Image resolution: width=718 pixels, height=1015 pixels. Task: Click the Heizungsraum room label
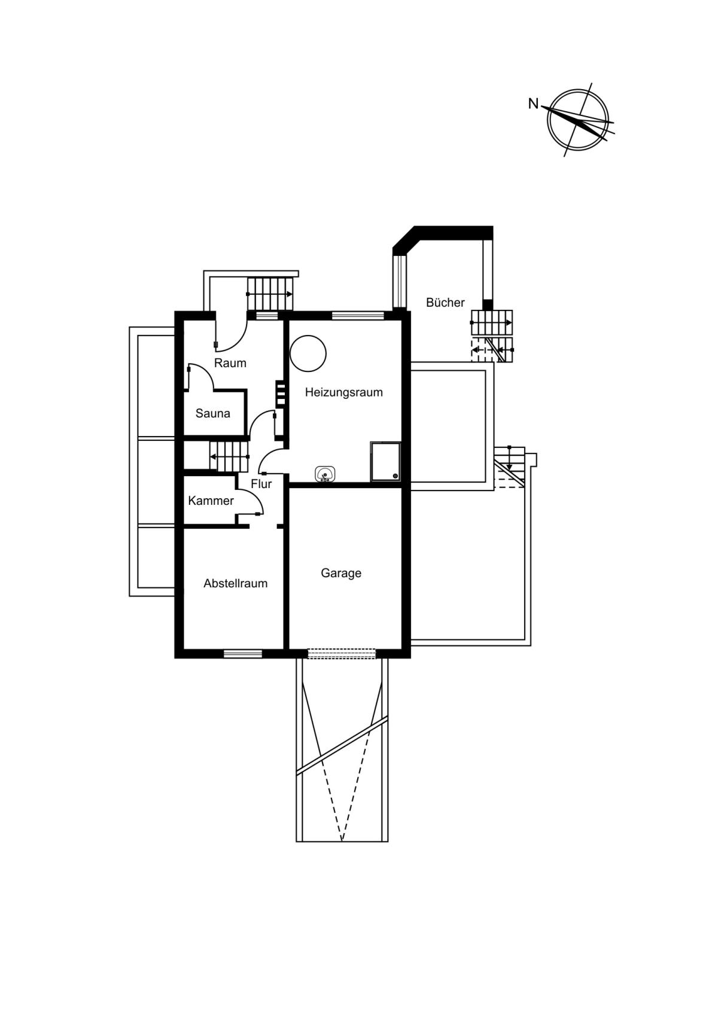coord(343,392)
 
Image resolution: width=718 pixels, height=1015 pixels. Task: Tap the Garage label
coord(341,573)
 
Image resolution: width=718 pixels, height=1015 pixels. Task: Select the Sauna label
coord(212,413)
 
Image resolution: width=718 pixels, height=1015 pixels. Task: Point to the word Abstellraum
coord(235,583)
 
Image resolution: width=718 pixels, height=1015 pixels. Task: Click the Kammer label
coord(211,501)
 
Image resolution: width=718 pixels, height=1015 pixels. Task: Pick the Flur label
coord(261,484)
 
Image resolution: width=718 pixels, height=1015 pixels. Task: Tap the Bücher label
coord(445,303)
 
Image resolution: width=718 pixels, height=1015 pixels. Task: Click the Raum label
coord(230,363)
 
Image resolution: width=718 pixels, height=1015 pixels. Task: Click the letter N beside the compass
coord(533,103)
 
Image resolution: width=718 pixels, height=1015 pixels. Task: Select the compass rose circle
coord(578,119)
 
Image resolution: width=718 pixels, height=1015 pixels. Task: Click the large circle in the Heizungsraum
coord(308,353)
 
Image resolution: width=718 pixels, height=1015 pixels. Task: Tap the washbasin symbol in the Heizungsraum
coord(325,474)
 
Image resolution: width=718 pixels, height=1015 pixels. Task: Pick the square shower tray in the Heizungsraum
coord(385,461)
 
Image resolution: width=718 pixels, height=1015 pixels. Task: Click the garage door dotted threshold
coord(342,654)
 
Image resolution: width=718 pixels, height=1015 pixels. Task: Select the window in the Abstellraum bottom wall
coord(243,654)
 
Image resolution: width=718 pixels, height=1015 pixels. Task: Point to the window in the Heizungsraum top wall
coord(358,315)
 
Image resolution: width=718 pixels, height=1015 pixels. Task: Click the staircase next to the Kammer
coord(228,456)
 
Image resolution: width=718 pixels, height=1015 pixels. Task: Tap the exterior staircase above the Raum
coord(270,293)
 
